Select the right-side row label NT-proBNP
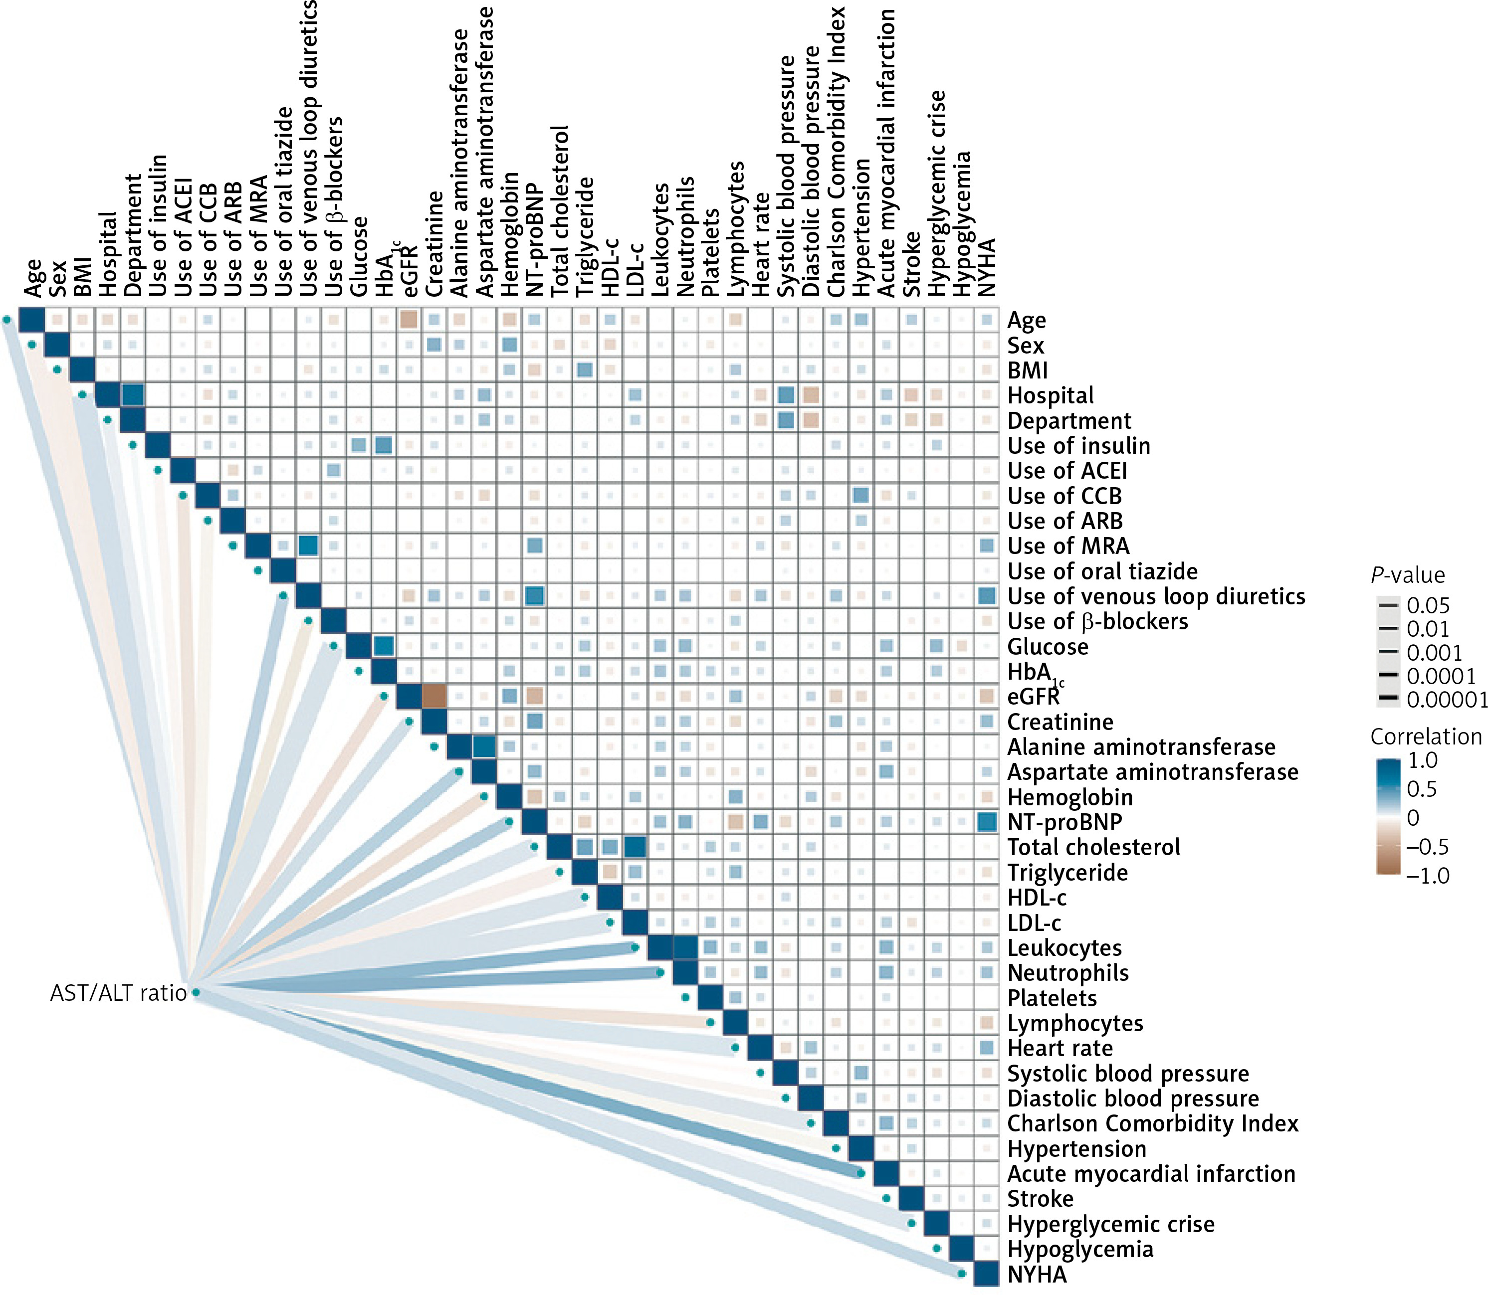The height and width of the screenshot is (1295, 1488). pyautogui.click(x=1064, y=822)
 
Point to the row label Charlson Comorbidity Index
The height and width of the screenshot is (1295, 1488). pyautogui.click(x=1152, y=1124)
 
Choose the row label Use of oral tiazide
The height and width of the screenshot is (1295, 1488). pyautogui.click(x=1102, y=571)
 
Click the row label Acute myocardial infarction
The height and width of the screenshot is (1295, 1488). pyautogui.click(x=1151, y=1174)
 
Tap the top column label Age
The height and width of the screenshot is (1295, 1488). pyautogui.click(x=32, y=278)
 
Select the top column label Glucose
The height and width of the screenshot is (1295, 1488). pyautogui.click(x=359, y=257)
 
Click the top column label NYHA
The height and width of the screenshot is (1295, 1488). pyautogui.click(x=986, y=267)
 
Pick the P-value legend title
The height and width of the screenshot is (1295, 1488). pyautogui.click(x=1407, y=575)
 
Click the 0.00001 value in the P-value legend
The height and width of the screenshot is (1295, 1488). pyautogui.click(x=1447, y=700)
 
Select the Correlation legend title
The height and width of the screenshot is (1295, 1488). pyautogui.click(x=1426, y=737)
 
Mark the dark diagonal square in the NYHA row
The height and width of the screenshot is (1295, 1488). pyautogui.click(x=986, y=1274)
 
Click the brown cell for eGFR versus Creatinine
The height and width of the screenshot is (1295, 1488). pyautogui.click(x=434, y=697)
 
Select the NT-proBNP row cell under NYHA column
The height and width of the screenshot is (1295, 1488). pyautogui.click(x=986, y=822)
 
